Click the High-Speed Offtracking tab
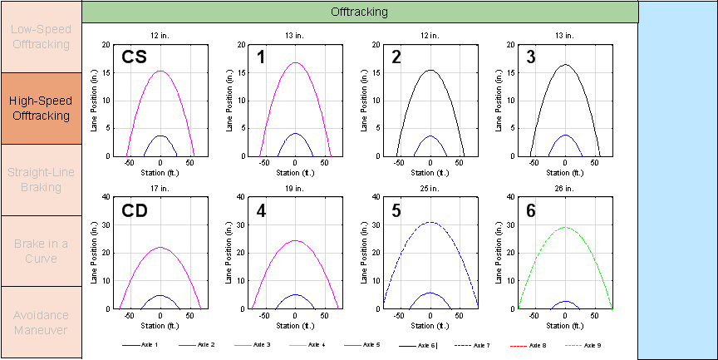(40, 108)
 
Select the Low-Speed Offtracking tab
(40, 37)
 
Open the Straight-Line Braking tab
(40, 180)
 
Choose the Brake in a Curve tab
(40, 251)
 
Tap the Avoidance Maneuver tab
(40, 323)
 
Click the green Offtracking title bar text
(359, 12)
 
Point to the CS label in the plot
(135, 57)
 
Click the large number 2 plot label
(396, 57)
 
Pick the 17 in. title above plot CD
(160, 188)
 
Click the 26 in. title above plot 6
(564, 188)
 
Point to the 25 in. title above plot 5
(430, 188)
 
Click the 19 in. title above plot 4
(295, 188)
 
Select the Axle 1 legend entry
(140, 344)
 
